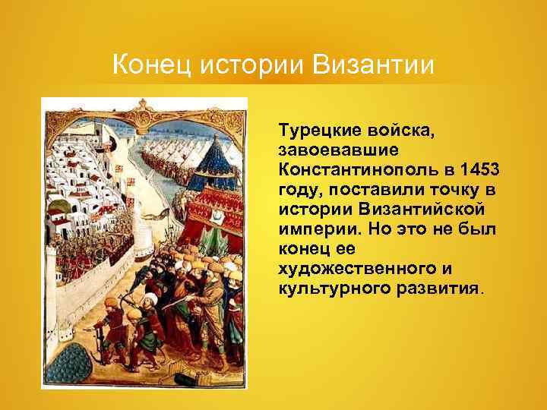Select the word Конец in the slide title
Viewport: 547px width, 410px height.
(151, 65)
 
